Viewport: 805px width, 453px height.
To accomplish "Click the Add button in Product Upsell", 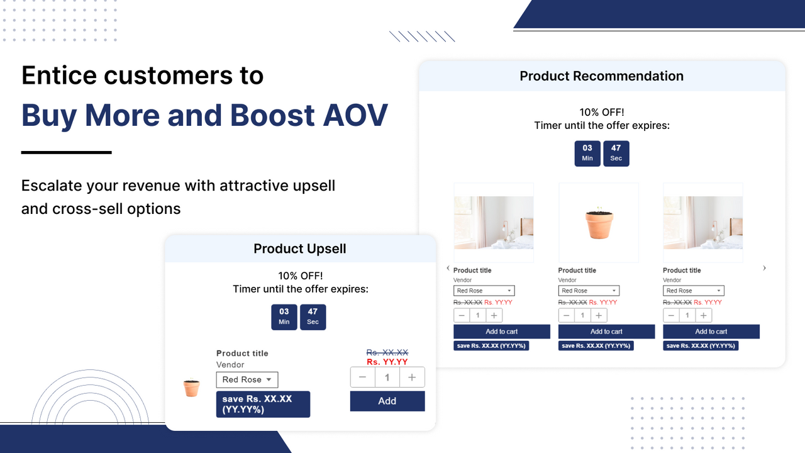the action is point(387,401).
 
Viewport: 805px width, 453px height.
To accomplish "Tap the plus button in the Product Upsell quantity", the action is point(412,377).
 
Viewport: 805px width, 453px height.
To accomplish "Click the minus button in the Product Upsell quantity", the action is point(363,377).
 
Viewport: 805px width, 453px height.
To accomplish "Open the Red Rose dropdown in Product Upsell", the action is point(247,379).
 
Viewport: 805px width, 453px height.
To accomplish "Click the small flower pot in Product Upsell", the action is point(192,388).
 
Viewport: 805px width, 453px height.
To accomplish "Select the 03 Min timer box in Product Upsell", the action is point(284,316).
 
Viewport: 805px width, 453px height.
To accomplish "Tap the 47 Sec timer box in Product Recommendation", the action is point(616,154).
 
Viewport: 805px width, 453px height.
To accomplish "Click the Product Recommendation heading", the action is point(602,76).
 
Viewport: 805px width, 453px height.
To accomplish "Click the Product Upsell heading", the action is point(300,249).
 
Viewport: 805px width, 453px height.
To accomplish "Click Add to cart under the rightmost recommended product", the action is point(711,332).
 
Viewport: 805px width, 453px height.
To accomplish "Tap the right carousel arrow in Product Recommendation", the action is point(764,268).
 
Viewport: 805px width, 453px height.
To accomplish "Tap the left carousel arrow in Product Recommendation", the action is point(448,268).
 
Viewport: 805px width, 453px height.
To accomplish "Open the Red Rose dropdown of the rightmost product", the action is point(693,291).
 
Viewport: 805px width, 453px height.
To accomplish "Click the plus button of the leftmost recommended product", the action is point(494,315).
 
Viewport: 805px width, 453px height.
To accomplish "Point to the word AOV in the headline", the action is point(355,115).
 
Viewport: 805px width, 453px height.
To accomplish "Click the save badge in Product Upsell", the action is point(263,404).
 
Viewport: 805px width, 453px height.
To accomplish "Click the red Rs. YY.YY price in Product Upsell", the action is point(387,362).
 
